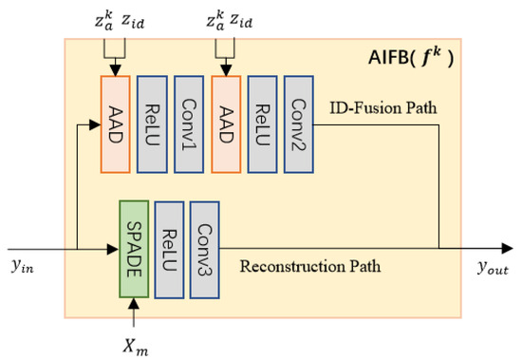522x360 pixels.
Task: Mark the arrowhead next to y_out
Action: [x=503, y=250]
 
